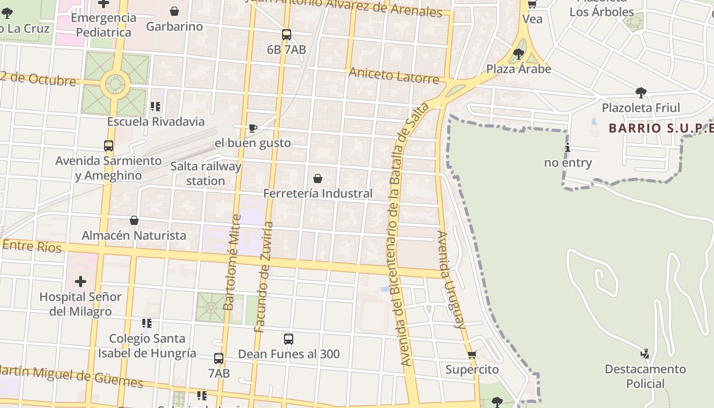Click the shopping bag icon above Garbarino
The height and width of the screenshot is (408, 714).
click(174, 11)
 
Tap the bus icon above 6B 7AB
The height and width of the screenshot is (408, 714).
click(287, 35)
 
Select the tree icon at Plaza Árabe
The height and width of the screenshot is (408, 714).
click(519, 54)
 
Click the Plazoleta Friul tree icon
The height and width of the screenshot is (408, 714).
click(641, 93)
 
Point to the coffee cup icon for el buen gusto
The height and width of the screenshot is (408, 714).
click(252, 128)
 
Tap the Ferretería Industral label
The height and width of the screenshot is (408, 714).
click(318, 193)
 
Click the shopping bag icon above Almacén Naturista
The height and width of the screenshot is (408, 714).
click(134, 220)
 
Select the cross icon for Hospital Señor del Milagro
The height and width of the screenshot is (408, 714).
click(81, 282)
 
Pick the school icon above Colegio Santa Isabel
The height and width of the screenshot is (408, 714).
click(147, 323)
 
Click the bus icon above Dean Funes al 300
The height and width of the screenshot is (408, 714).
click(289, 339)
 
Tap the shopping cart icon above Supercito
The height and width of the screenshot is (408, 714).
click(472, 354)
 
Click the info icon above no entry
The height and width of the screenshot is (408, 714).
click(568, 148)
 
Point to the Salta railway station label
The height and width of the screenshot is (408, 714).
click(206, 173)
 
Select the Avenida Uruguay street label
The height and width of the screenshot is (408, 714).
click(451, 279)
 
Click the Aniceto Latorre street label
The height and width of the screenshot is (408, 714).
click(394, 75)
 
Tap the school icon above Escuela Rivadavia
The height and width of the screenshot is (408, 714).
click(156, 107)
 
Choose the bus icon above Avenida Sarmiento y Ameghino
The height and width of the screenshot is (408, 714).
click(109, 146)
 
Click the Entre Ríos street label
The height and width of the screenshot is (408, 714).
click(32, 246)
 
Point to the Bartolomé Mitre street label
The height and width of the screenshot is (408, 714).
click(232, 262)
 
